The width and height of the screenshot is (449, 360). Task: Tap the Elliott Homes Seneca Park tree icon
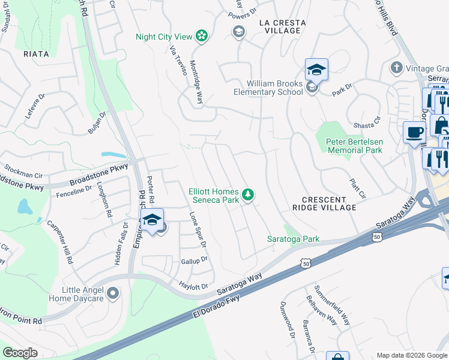[247, 194]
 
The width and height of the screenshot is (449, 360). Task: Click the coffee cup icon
[414, 132]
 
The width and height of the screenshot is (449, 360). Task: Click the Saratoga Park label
[293, 239]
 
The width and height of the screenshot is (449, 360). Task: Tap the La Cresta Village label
[282, 26]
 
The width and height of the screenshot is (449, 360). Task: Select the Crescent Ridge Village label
[325, 203]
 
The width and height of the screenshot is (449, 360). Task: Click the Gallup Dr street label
[194, 261]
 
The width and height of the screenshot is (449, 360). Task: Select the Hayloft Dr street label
[194, 286]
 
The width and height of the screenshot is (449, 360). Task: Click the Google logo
[20, 352]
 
